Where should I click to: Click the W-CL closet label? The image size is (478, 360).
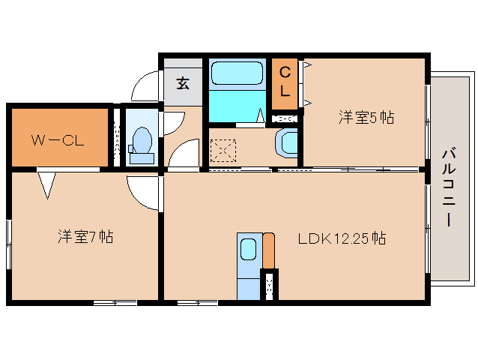tap(58, 140)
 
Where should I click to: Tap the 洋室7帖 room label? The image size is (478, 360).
tap(85, 236)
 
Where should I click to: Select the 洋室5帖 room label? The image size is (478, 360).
tap(366, 117)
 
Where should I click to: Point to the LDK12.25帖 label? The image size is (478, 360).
tap(342, 238)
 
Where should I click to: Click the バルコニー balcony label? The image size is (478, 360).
tap(449, 187)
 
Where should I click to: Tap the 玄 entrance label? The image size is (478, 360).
tap(183, 83)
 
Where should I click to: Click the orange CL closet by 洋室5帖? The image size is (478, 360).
tap(285, 83)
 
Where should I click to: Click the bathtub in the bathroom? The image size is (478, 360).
tap(237, 73)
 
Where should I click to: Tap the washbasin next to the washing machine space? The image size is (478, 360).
tap(287, 143)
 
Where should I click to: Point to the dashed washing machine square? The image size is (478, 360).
tap(223, 151)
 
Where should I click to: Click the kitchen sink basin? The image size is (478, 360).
tap(249, 249)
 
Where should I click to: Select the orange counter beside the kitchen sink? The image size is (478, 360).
tap(268, 250)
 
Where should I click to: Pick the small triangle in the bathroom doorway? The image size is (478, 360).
tap(260, 115)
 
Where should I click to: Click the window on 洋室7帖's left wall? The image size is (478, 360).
tap(9, 244)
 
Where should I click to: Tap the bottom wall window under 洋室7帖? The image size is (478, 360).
tap(115, 303)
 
